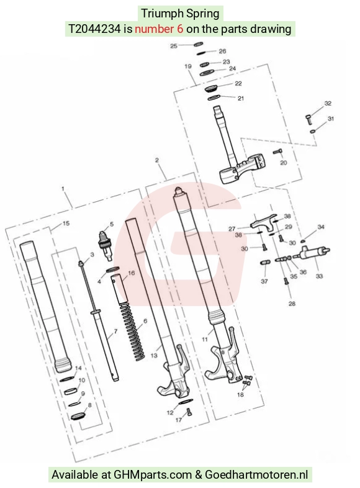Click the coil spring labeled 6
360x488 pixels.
pyautogui.click(x=133, y=332)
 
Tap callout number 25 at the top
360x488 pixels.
pyautogui.click(x=174, y=46)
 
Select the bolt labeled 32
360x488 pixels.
pyautogui.click(x=308, y=120)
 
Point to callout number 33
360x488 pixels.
pyautogui.click(x=319, y=276)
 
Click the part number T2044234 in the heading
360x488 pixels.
pyautogui.click(x=94, y=29)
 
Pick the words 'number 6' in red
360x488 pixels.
pyautogui.click(x=159, y=29)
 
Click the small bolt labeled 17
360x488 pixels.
pyautogui.click(x=189, y=412)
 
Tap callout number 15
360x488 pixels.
pyautogui.click(x=66, y=223)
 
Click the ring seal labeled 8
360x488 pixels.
pyautogui.click(x=78, y=417)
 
